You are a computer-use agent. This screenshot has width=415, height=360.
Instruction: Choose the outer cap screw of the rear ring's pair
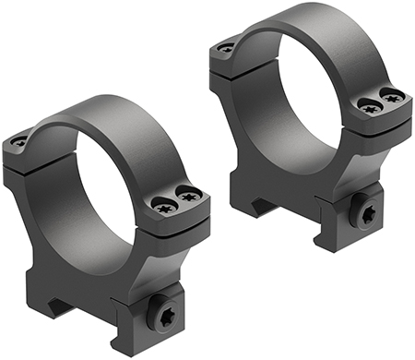coord(393,95)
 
